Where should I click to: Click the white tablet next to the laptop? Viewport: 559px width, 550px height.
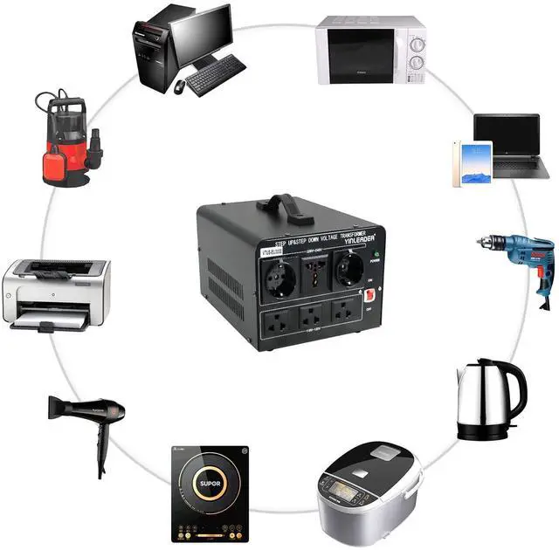point(472,163)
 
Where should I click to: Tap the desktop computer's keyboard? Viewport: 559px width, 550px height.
point(214,74)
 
